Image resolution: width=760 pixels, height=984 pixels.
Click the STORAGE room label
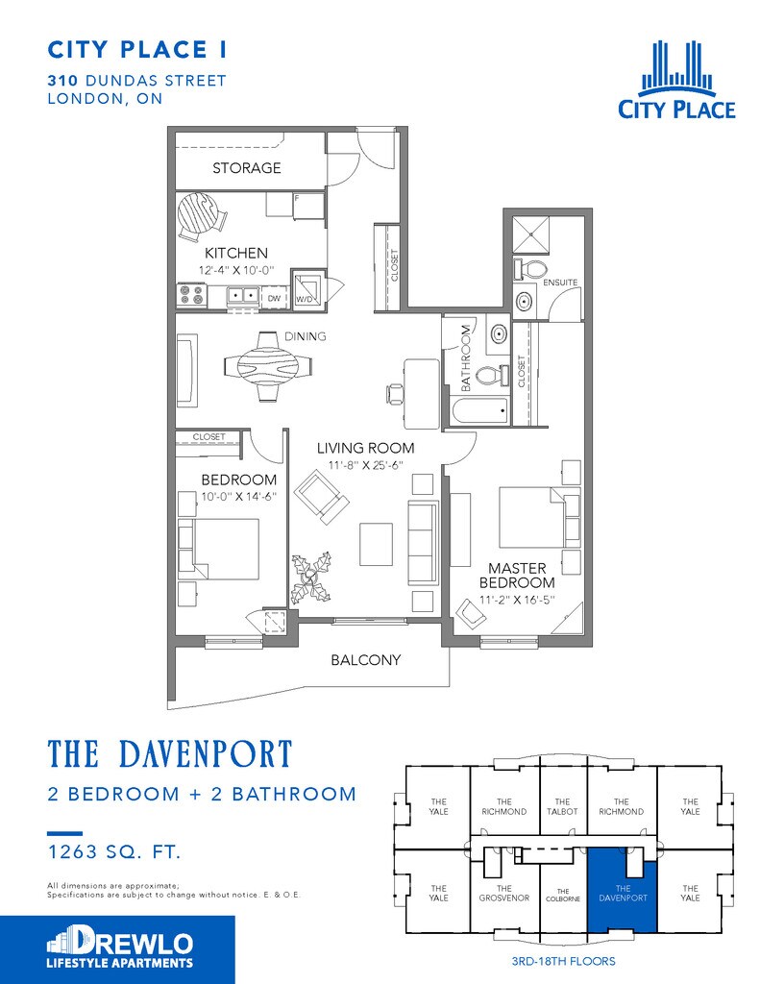(x=246, y=167)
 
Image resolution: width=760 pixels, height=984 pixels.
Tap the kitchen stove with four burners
(x=192, y=295)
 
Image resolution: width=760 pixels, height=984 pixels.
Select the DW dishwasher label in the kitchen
(x=274, y=299)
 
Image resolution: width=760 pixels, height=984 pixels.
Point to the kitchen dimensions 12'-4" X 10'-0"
(x=236, y=270)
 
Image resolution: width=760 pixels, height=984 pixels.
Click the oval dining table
(x=269, y=365)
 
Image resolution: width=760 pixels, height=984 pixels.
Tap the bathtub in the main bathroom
(x=479, y=411)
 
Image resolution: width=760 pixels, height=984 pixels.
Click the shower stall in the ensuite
(x=531, y=234)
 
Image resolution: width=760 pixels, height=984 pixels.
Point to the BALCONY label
(x=366, y=659)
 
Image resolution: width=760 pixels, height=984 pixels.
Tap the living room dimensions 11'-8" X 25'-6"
(x=365, y=465)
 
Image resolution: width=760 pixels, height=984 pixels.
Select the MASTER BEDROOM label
(x=517, y=575)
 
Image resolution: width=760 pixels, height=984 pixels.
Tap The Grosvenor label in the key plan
(x=504, y=893)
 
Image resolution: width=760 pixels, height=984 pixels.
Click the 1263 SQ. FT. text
(x=114, y=851)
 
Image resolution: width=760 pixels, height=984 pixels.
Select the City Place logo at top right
(x=676, y=80)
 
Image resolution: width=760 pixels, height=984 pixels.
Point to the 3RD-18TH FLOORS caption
(x=563, y=961)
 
